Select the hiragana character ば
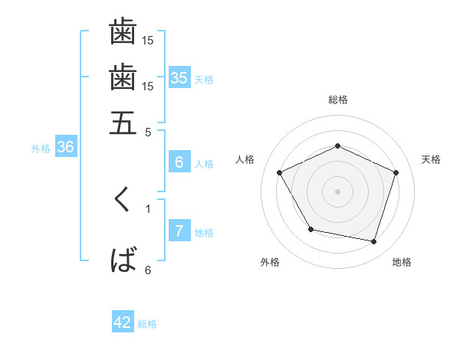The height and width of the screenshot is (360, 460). point(123,260)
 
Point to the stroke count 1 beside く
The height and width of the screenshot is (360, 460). point(148,208)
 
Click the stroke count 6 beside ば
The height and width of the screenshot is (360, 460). point(148,270)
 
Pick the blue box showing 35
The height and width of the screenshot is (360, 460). point(179,78)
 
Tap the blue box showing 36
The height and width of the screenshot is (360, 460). point(65,147)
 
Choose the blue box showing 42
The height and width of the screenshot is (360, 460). point(123,322)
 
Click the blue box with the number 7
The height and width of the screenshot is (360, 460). point(179,231)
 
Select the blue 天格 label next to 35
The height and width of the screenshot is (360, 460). point(204,80)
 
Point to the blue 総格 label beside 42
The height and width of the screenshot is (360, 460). point(147,324)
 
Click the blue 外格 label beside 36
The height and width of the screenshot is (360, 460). point(41,149)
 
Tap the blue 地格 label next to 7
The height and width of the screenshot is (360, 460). point(204,233)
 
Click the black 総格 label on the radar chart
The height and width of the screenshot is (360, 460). point(337,100)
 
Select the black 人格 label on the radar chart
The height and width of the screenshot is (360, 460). point(245,159)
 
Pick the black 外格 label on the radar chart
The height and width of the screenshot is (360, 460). point(270,262)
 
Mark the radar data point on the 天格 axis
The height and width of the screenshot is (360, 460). point(396,172)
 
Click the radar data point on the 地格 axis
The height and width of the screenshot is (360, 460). point(373,241)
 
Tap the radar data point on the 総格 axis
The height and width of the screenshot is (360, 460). point(337,146)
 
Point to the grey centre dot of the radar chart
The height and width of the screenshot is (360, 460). point(337,191)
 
